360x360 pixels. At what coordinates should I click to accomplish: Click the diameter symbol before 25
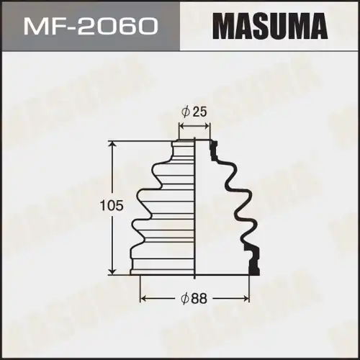point(186,112)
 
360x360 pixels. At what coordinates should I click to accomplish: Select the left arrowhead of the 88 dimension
point(143,297)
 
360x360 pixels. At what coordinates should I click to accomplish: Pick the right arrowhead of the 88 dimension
point(248,297)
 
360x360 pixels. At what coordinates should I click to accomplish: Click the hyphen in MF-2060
point(76,28)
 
